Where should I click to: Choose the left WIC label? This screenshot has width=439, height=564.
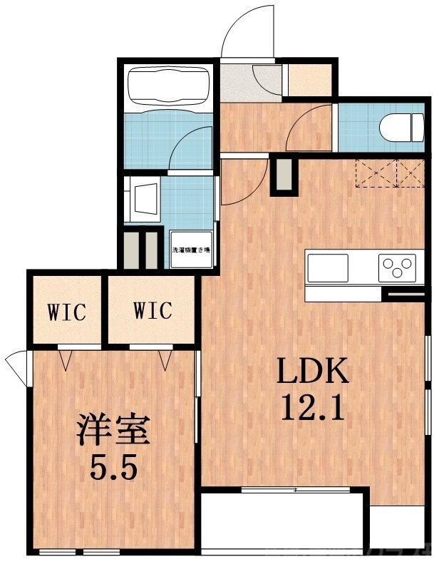[x=67, y=312]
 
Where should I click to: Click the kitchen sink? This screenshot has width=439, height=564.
[x=328, y=268]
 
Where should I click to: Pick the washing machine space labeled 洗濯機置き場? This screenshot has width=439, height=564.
[x=192, y=250]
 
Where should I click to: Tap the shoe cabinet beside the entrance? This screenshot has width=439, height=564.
[x=311, y=81]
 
